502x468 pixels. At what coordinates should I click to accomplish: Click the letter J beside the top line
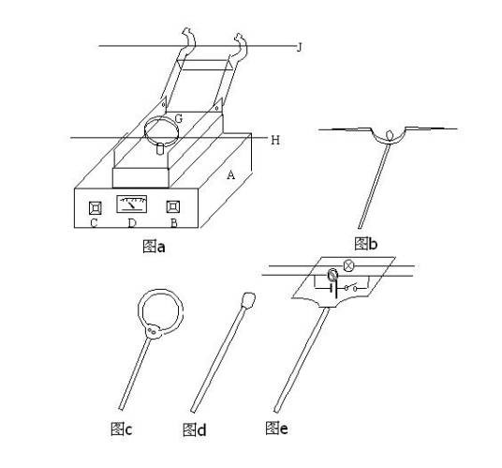tap(299, 48)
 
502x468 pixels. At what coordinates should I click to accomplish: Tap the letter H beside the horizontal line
tap(275, 140)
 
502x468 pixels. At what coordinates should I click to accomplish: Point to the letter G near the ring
tap(178, 118)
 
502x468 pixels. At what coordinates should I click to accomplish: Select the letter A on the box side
tap(230, 175)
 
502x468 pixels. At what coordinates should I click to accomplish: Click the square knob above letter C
tap(96, 208)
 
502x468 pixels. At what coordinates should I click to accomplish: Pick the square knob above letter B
tap(173, 206)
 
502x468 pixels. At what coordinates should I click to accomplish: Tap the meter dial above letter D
tap(131, 204)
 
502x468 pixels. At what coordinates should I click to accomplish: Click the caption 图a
tap(154, 247)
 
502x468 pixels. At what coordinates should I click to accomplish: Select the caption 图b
tap(366, 244)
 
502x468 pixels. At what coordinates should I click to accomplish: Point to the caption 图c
tap(121, 429)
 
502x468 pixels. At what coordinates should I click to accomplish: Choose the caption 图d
tap(194, 430)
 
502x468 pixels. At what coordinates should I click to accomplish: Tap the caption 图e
tap(276, 428)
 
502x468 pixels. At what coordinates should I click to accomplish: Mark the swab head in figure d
tap(248, 300)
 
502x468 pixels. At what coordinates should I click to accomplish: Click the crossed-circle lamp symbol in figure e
tap(348, 265)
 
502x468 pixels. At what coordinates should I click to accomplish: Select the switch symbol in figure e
tap(350, 287)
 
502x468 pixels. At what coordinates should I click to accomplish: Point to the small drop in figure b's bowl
tap(390, 134)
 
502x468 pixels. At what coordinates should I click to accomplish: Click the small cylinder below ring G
tap(160, 149)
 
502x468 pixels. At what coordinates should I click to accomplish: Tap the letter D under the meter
tap(131, 223)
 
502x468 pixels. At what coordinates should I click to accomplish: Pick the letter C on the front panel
tap(94, 223)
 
